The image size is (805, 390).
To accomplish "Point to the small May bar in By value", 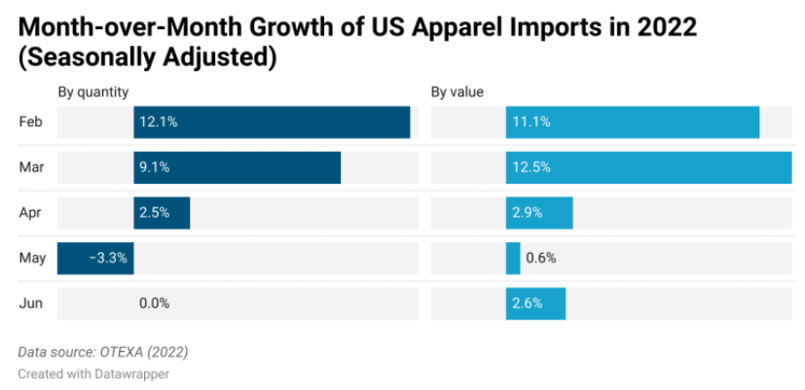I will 513,259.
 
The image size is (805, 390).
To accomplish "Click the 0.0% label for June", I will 155,303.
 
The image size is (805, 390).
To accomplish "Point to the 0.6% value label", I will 541,259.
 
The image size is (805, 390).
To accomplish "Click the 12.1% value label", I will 158,123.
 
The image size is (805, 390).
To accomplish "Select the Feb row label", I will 30,123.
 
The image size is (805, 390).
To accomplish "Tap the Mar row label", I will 31,167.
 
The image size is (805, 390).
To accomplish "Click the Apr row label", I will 30,213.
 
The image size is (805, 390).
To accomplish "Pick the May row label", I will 31,259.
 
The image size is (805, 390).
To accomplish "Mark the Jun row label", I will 30,303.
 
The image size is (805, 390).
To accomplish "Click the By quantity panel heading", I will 93,92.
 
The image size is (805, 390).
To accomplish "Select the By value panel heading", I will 457,92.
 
